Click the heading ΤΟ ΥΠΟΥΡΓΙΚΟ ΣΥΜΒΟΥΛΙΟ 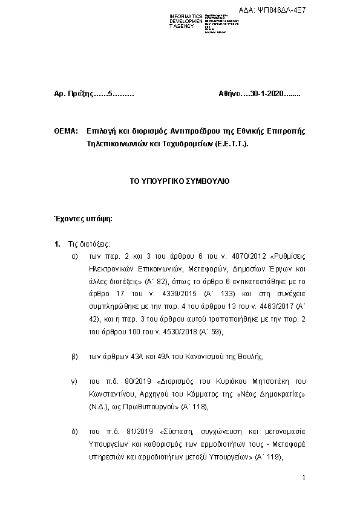click(x=180, y=181)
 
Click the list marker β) click(x=74, y=357)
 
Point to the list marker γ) click(x=74, y=381)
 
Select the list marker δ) click(x=74, y=433)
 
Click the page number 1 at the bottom click(x=304, y=478)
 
